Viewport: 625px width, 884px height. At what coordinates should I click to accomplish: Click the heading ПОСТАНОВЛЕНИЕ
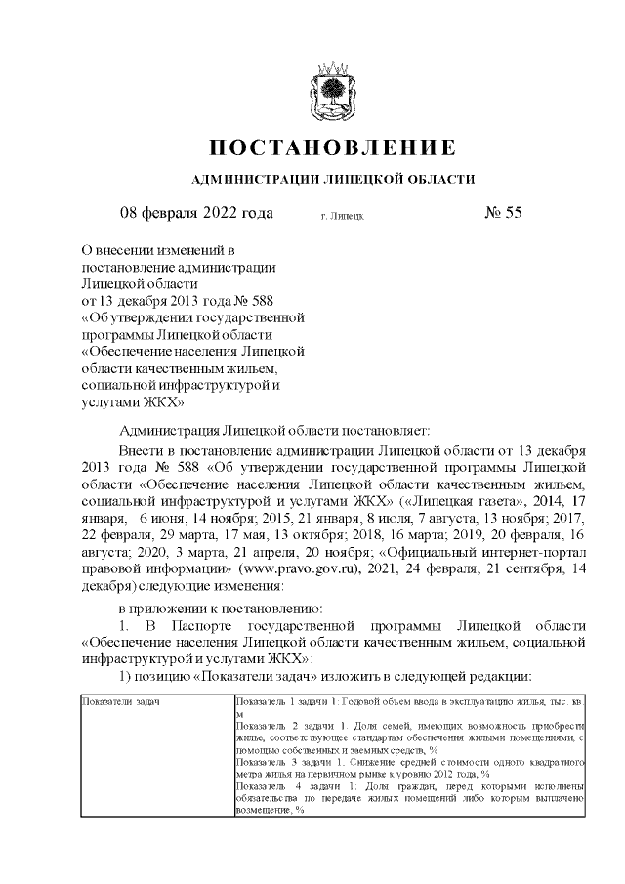coord(332,148)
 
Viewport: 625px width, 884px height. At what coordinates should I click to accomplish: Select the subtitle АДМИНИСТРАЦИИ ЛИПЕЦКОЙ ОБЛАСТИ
coord(332,179)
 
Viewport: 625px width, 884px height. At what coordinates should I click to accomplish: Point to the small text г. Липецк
coord(342,214)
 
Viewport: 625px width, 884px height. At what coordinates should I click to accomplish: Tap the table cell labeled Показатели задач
coord(121,702)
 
